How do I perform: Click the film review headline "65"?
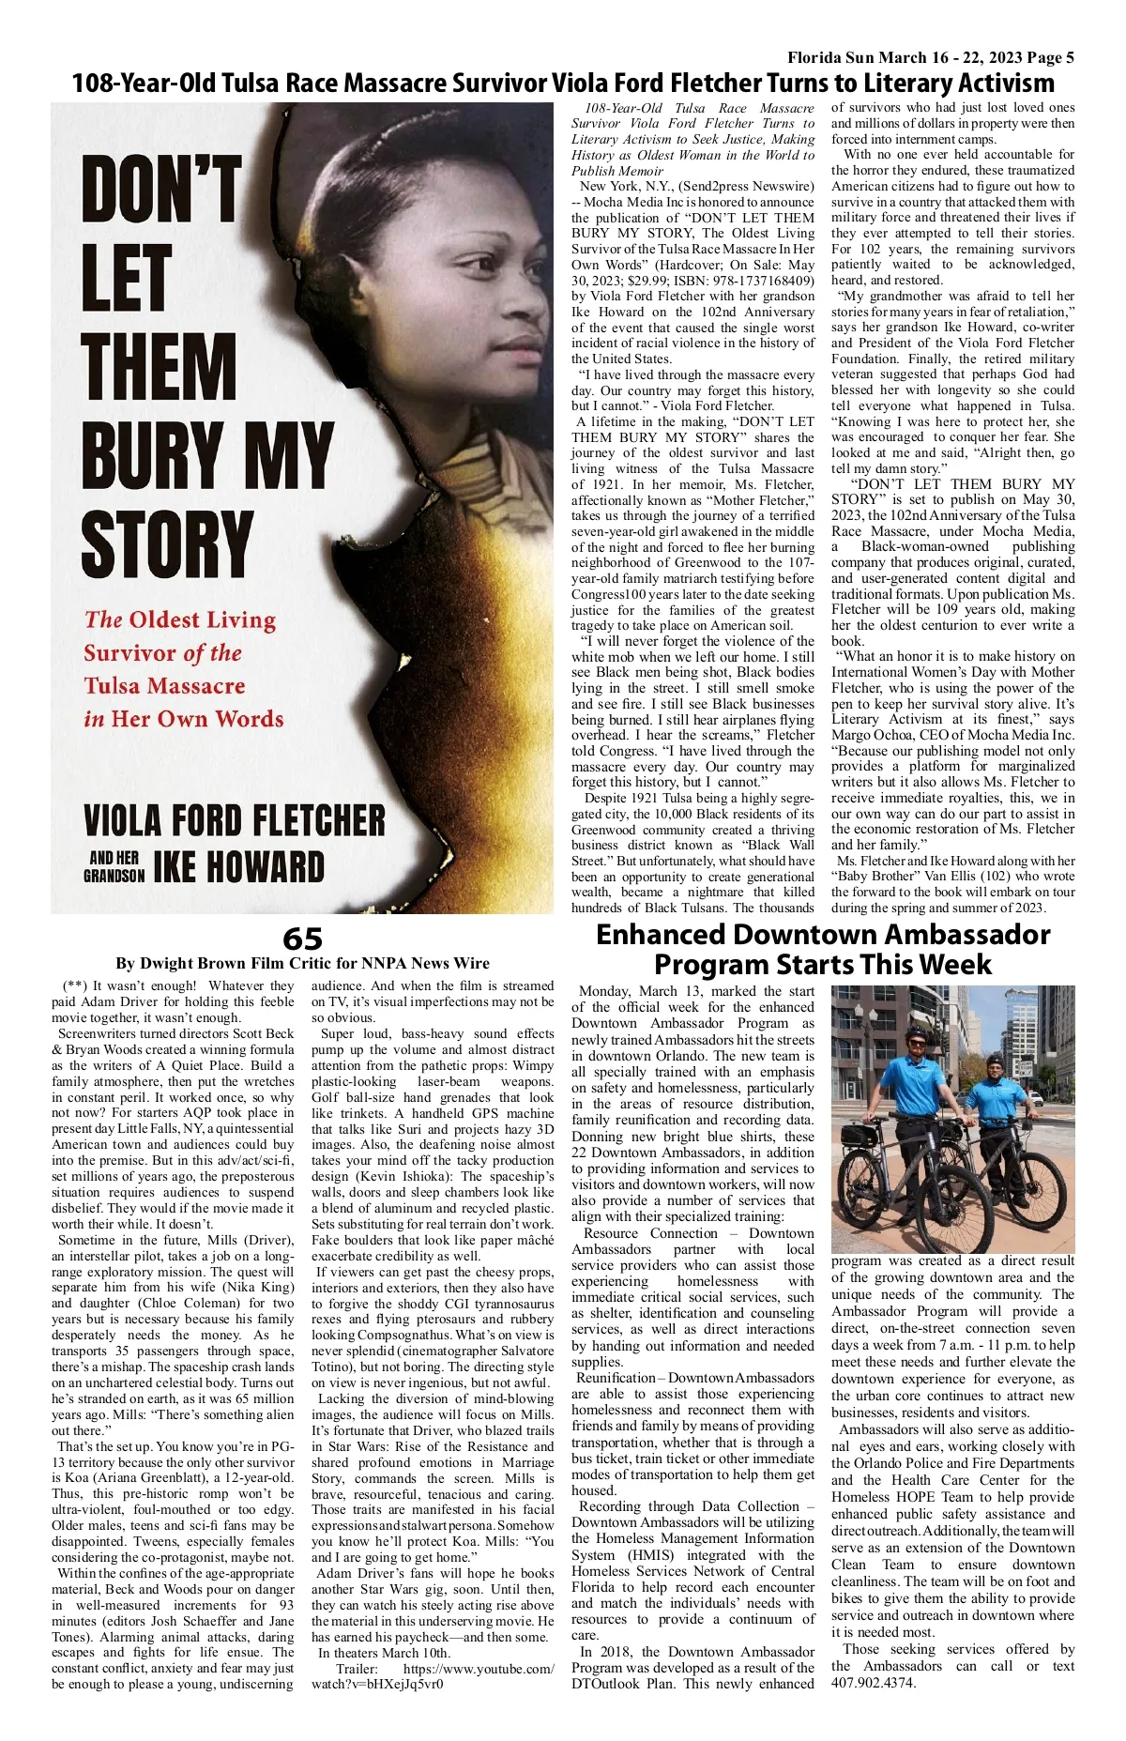click(x=302, y=939)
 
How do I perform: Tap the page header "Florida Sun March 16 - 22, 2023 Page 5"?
click(x=931, y=58)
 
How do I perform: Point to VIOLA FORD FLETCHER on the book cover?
click(x=234, y=820)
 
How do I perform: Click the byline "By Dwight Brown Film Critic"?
click(x=302, y=963)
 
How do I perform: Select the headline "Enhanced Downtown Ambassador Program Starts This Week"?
click(x=822, y=949)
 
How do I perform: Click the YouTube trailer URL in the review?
click(x=434, y=1676)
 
